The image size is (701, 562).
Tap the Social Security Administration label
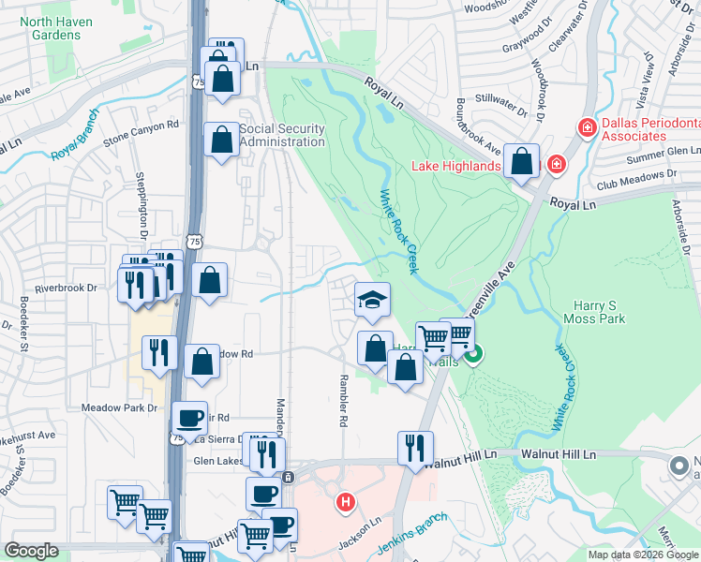pos(281,135)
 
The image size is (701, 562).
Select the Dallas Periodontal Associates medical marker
pos(587,127)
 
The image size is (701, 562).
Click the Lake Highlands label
pos(456,167)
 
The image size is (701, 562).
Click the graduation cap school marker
pos(372,301)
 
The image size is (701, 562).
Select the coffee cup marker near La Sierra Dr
pos(190,416)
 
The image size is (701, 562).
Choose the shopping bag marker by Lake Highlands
pos(520,160)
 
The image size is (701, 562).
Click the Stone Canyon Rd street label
pos(141,132)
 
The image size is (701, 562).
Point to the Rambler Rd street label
pos(342,404)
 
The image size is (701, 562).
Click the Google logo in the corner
pos(31,551)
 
